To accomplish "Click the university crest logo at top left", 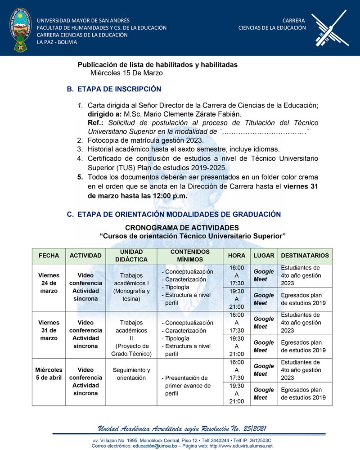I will [x=19, y=28].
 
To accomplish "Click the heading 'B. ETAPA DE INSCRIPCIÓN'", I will [x=114, y=89].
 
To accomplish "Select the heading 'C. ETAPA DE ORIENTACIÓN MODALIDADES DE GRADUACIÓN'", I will [x=174, y=214].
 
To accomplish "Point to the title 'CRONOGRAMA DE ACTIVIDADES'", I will [x=182, y=228].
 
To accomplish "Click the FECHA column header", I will [x=49, y=256].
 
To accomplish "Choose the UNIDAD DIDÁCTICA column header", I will [x=131, y=256].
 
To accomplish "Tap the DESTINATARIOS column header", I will [x=305, y=256].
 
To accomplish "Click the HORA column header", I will [x=237, y=256].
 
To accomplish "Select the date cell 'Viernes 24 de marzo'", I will [x=49, y=283].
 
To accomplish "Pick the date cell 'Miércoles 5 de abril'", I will [x=49, y=374].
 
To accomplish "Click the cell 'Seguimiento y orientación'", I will [x=131, y=374].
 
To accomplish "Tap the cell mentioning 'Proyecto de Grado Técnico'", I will [x=131, y=338].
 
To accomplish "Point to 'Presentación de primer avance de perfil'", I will [x=187, y=386].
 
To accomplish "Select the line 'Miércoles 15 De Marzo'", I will [x=126, y=73].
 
